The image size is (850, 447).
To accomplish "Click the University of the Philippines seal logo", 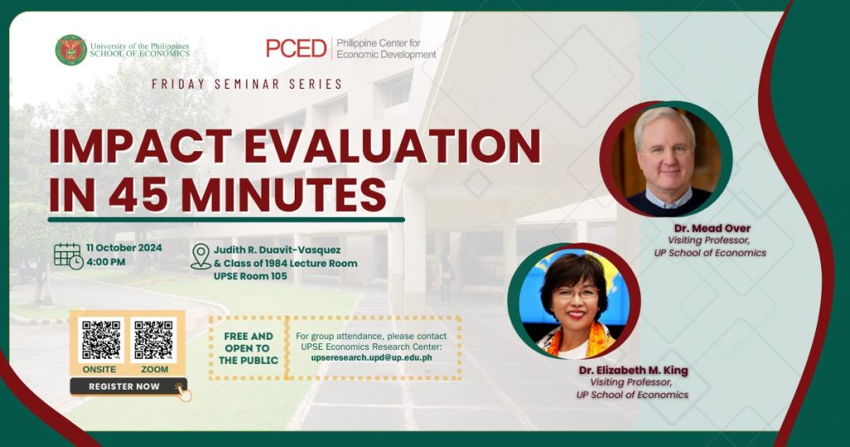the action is coord(71,50).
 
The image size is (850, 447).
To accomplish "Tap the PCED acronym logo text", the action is coord(296,48).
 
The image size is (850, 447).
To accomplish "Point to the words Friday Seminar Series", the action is coord(247,84).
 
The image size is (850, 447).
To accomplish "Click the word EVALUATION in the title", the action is coord(393,146).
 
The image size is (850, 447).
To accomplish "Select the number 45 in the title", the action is coord(138,194).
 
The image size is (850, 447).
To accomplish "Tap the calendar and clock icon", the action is coord(68,256).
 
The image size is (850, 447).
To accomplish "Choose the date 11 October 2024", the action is coord(125,248).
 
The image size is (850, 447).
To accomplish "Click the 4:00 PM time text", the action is coord(105,262).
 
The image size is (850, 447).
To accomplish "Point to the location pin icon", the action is coord(201,257).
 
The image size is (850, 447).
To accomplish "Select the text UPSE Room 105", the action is coord(251,276).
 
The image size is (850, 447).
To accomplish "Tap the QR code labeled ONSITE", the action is coord(100,340).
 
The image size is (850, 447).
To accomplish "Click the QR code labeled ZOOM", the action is coord(154,340).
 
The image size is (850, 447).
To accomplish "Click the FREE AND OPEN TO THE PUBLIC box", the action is coord(248,348).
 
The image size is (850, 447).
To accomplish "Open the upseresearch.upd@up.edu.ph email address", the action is coord(371,358).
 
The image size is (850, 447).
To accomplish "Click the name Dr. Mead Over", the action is coord(712,228).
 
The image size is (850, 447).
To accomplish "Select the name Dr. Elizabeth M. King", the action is coord(633,371).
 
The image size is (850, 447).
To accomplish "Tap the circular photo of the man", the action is coord(667,159).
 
